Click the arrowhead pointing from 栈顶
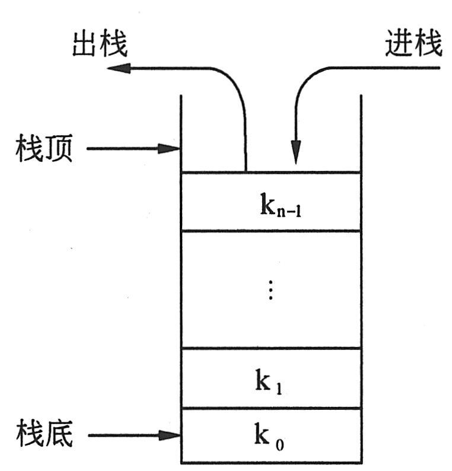pyautogui.click(x=171, y=148)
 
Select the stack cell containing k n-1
pyautogui.click(x=270, y=202)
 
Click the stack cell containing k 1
pyautogui.click(x=270, y=378)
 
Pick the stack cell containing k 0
pyautogui.click(x=270, y=435)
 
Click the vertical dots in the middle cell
pyautogui.click(x=270, y=289)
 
